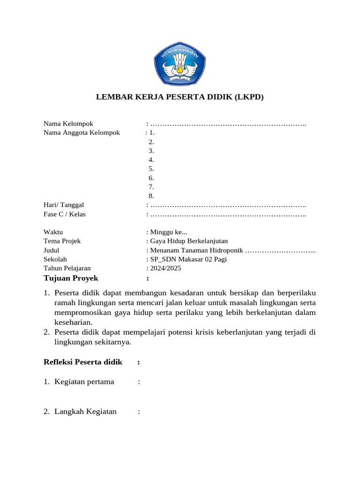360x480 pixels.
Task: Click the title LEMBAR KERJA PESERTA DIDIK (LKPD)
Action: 180,97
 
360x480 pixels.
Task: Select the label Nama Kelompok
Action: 68,124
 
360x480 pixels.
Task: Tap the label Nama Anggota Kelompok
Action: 82,133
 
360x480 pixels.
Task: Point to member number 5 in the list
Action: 151,169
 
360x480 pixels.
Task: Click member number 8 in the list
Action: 151,196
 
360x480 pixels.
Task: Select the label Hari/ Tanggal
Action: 64,205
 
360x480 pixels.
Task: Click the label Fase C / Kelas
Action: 65,214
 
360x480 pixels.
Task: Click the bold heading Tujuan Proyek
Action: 71,278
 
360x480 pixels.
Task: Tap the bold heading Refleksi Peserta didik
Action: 83,362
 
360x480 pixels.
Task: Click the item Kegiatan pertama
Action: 84,382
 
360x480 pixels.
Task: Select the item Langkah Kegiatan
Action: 85,412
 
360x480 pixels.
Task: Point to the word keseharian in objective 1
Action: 74,322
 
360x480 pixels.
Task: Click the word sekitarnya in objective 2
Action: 112,342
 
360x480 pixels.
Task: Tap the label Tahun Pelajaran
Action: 67,268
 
